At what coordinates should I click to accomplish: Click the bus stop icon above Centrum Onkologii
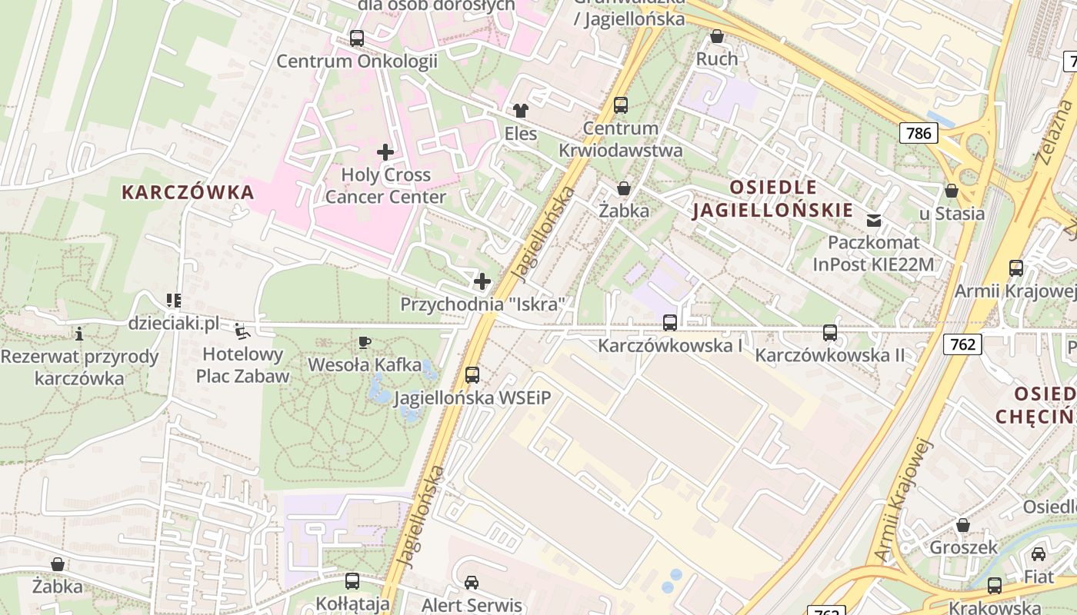tap(356, 38)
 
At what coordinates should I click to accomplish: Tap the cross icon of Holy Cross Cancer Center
tap(385, 152)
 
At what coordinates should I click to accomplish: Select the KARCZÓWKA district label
tap(188, 192)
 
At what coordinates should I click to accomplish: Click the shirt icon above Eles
tap(521, 111)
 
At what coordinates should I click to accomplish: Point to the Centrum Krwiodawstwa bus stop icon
tap(621, 105)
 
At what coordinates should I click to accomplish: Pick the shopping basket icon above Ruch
tap(717, 36)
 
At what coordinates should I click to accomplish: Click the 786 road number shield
tap(919, 133)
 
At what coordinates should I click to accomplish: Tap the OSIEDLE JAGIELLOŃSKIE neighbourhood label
tap(773, 199)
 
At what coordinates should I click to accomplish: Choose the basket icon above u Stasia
tap(952, 191)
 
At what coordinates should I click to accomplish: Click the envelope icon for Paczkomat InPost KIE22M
tap(874, 221)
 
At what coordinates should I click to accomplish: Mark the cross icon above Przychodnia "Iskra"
tap(482, 281)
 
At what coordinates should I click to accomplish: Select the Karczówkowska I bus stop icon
tap(670, 323)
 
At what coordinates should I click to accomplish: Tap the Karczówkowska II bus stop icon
tap(830, 333)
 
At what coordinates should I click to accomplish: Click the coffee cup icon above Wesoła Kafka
tap(365, 342)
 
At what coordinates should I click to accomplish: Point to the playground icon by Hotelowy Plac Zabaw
tap(242, 331)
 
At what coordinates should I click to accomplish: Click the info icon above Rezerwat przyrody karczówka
tap(78, 334)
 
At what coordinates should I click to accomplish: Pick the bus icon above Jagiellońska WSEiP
tap(472, 375)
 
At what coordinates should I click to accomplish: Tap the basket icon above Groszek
tap(963, 525)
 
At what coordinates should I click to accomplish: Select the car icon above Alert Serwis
tap(472, 583)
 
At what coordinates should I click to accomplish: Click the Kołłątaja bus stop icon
tap(352, 581)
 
